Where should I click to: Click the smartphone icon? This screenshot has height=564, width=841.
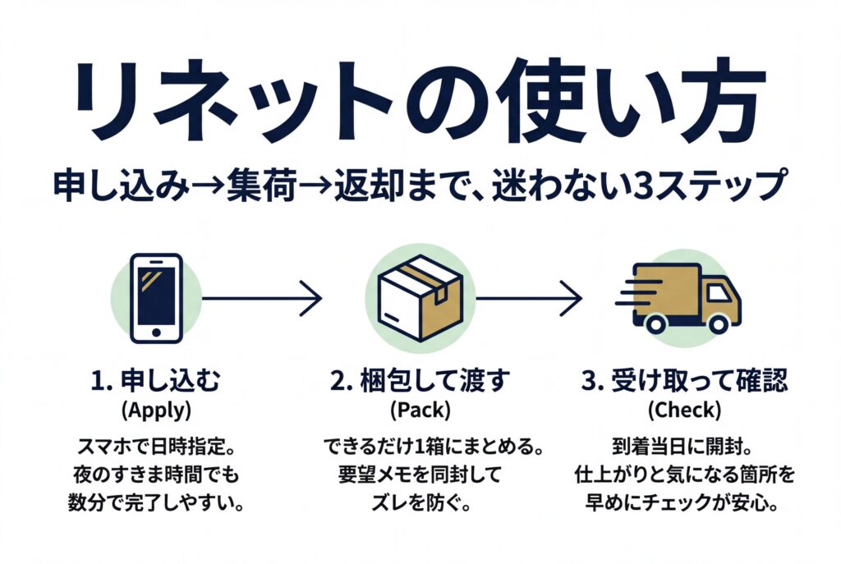click(157, 298)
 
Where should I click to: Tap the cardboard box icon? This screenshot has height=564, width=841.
click(418, 297)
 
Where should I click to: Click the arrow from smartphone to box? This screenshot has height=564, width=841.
click(261, 297)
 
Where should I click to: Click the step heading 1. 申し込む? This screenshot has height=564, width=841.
click(155, 381)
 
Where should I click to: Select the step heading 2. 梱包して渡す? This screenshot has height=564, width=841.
click(420, 381)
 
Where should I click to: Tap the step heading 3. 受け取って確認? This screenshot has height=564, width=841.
click(684, 381)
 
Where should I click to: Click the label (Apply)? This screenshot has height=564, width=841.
click(155, 408)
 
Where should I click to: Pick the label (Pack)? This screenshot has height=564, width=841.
click(420, 408)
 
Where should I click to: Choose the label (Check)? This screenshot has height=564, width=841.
click(684, 408)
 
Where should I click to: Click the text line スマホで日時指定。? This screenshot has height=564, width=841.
click(155, 448)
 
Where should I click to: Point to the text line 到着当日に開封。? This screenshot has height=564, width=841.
click(684, 448)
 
